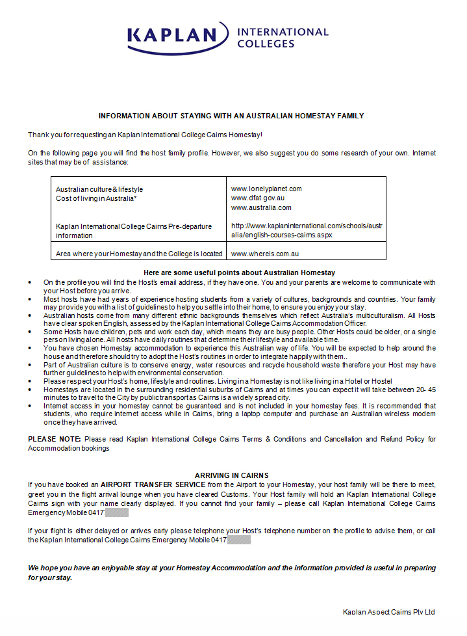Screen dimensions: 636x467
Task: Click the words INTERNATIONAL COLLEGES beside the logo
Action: (x=283, y=38)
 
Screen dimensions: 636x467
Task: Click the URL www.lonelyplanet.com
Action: (x=266, y=189)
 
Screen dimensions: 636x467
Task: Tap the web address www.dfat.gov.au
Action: (x=258, y=198)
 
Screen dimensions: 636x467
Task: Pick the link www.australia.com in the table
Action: (x=261, y=207)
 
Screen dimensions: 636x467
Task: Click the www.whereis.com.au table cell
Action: (x=264, y=254)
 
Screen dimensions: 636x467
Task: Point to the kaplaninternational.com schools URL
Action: (x=307, y=230)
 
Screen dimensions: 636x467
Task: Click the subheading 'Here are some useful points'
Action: (x=239, y=272)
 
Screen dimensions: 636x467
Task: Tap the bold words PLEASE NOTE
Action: (x=55, y=439)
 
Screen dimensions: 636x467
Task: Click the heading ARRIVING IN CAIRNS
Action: (x=232, y=475)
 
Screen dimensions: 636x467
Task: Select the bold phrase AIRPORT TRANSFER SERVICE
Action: (x=153, y=484)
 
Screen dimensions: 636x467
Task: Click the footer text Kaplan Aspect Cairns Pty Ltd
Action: (x=389, y=612)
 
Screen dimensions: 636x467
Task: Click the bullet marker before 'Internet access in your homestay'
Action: (x=31, y=406)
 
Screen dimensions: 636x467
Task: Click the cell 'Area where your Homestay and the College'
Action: (x=139, y=254)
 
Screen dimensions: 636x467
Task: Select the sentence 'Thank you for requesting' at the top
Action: (x=145, y=134)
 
